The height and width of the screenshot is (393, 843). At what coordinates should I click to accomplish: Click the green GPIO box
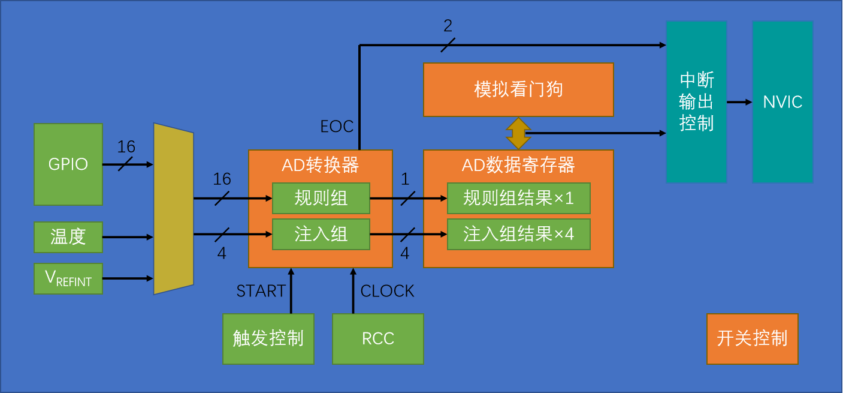pyautogui.click(x=68, y=164)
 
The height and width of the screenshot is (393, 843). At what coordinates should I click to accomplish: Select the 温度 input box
pyautogui.click(x=68, y=237)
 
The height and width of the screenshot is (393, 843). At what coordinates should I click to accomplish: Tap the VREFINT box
pyautogui.click(x=68, y=278)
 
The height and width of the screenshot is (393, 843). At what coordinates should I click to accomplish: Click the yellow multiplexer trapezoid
pyautogui.click(x=174, y=209)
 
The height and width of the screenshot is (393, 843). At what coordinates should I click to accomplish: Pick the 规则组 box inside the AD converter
pyautogui.click(x=321, y=198)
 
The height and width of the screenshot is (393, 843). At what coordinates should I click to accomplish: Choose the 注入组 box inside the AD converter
pyautogui.click(x=321, y=234)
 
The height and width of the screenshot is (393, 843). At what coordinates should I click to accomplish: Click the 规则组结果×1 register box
pyautogui.click(x=518, y=198)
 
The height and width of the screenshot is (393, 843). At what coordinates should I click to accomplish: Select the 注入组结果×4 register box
pyautogui.click(x=518, y=234)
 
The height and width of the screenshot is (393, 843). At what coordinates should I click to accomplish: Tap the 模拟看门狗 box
pyautogui.click(x=518, y=89)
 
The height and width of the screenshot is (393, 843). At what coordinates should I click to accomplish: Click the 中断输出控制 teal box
pyautogui.click(x=696, y=102)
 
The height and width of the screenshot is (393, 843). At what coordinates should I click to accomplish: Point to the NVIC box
pyautogui.click(x=782, y=102)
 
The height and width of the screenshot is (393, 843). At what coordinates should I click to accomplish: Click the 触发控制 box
pyautogui.click(x=268, y=338)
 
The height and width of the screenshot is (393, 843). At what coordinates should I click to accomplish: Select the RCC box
pyautogui.click(x=377, y=338)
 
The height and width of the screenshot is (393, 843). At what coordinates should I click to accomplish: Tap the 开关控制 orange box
pyautogui.click(x=752, y=338)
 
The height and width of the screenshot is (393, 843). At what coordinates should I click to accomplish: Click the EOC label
pyautogui.click(x=337, y=127)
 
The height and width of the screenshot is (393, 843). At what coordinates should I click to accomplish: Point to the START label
pyautogui.click(x=261, y=291)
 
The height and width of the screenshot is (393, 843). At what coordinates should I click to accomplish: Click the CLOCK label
pyautogui.click(x=387, y=291)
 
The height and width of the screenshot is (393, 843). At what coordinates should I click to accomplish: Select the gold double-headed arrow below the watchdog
pyautogui.click(x=518, y=133)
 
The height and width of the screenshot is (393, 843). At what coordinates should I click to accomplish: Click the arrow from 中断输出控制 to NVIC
pyautogui.click(x=739, y=102)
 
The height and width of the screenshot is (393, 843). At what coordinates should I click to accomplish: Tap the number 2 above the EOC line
pyautogui.click(x=448, y=26)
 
